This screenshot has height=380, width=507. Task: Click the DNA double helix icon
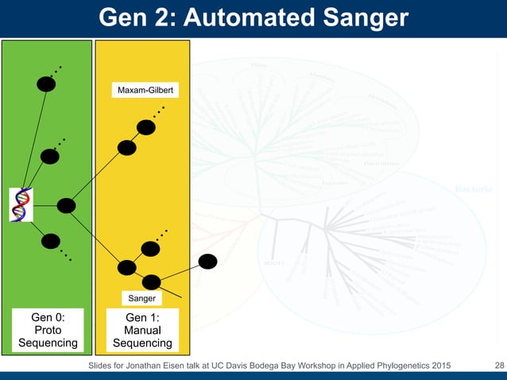pos(21,205)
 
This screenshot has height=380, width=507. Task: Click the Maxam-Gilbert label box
pos(146,91)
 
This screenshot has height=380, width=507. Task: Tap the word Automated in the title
pos(238,17)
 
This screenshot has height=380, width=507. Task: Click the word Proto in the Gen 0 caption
pos(48,330)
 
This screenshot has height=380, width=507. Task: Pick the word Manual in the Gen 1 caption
pos(143,330)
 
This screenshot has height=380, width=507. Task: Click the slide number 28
pos(499,365)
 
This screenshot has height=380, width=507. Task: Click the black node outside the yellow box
pos(208,261)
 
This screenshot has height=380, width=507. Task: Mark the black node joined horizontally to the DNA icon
pos(67,206)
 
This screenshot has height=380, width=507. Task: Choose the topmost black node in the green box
pos(46,83)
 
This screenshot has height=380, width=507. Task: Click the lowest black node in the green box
pos(50,241)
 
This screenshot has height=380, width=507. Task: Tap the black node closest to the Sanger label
pos(151,281)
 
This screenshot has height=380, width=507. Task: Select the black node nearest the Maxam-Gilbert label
pos(145,126)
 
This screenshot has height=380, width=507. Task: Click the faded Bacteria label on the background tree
pos(473,189)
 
